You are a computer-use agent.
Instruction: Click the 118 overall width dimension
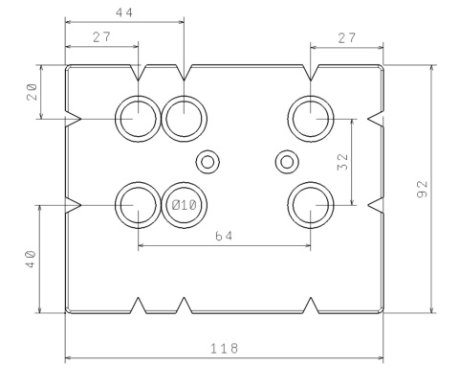(x=224, y=348)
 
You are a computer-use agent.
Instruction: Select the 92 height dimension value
(x=422, y=189)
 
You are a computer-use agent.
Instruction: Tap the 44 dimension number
(x=124, y=12)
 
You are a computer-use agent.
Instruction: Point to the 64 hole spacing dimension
(x=224, y=236)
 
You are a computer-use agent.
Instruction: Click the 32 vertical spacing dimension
(x=342, y=162)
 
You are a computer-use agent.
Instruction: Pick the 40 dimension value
(x=31, y=259)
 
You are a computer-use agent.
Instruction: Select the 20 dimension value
(x=32, y=92)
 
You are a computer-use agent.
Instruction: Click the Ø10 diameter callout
(x=184, y=205)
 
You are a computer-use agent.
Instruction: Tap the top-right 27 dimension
(x=346, y=38)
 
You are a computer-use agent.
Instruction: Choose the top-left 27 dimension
(x=101, y=37)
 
